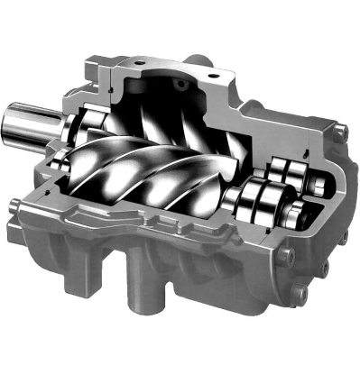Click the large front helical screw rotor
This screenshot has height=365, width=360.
[x=144, y=176]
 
